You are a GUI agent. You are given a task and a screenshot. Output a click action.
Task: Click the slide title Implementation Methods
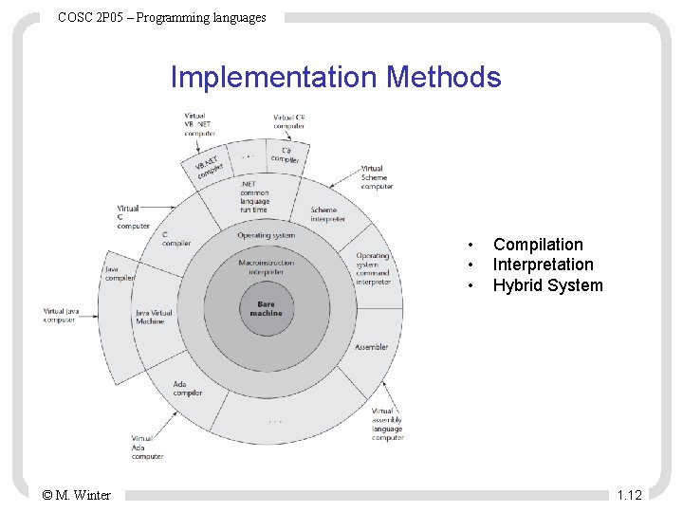tap(335, 77)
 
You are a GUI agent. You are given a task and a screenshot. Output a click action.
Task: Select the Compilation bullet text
tap(538, 245)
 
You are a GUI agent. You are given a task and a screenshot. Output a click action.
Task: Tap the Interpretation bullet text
tap(543, 265)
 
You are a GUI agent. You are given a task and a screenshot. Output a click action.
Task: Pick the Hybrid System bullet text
tap(547, 285)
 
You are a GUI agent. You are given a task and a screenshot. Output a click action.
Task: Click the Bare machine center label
tap(266, 308)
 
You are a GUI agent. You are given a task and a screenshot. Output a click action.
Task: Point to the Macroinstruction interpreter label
tap(266, 267)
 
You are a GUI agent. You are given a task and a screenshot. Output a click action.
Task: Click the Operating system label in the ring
tap(266, 235)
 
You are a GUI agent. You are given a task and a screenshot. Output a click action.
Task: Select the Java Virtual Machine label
tap(156, 317)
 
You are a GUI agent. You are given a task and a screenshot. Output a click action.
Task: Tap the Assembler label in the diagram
tap(371, 347)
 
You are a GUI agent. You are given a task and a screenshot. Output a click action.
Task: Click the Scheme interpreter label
tap(328, 214)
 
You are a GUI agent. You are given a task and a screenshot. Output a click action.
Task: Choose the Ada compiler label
tap(188, 388)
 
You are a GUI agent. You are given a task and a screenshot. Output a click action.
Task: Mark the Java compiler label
tap(120, 274)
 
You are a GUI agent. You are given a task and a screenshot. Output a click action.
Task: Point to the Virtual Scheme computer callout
tap(377, 177)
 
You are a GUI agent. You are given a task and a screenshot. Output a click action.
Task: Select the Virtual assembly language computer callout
tap(387, 425)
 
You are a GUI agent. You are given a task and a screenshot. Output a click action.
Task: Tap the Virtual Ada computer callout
tap(147, 448)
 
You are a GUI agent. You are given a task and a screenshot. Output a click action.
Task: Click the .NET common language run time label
tap(255, 196)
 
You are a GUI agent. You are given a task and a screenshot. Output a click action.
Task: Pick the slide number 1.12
tap(629, 495)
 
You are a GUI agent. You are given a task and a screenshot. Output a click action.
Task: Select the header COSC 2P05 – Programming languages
tap(162, 17)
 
